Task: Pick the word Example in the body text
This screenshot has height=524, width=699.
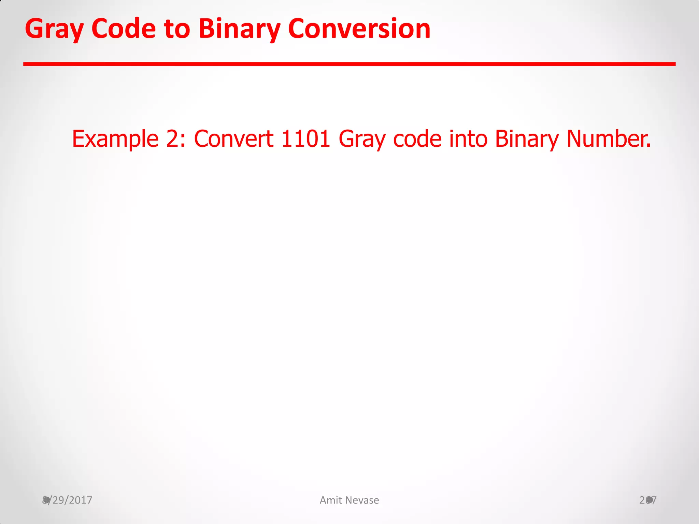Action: (115, 139)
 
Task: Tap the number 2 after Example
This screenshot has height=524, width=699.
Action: (172, 139)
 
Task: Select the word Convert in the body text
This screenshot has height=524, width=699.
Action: (234, 139)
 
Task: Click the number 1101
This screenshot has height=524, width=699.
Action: (306, 139)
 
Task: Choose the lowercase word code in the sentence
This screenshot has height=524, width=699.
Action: (417, 139)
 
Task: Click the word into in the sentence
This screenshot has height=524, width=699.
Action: (468, 139)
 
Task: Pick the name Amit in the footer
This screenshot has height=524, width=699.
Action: (331, 500)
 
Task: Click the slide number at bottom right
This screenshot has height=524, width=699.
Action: (648, 500)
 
